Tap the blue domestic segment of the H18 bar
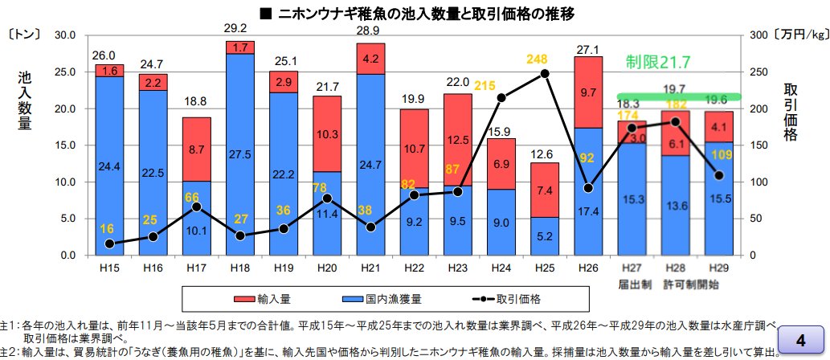click(x=240, y=153)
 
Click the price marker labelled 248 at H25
click(x=545, y=73)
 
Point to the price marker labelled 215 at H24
click(x=501, y=98)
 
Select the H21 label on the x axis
click(x=370, y=266)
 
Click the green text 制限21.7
click(x=659, y=62)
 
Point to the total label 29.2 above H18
click(x=239, y=28)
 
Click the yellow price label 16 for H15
click(x=108, y=229)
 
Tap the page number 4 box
click(x=800, y=334)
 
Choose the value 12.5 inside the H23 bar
click(x=458, y=139)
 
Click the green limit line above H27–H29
click(x=678, y=96)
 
